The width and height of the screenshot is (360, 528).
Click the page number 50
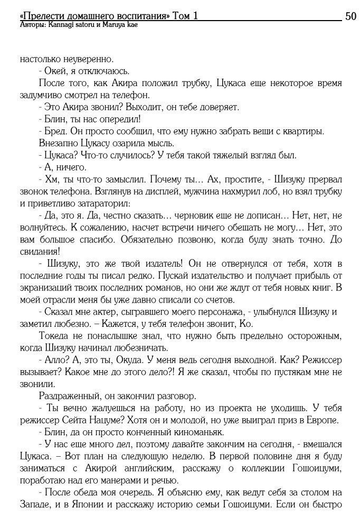pos(350,16)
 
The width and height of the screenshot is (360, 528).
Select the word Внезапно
pos(59,143)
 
